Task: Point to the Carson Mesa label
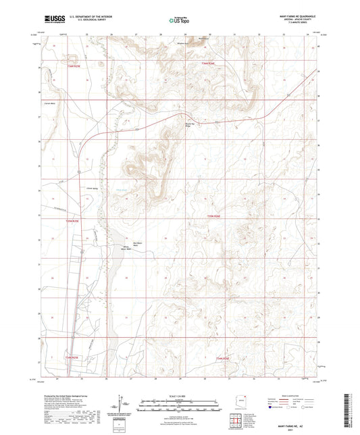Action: click(x=49, y=103)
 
